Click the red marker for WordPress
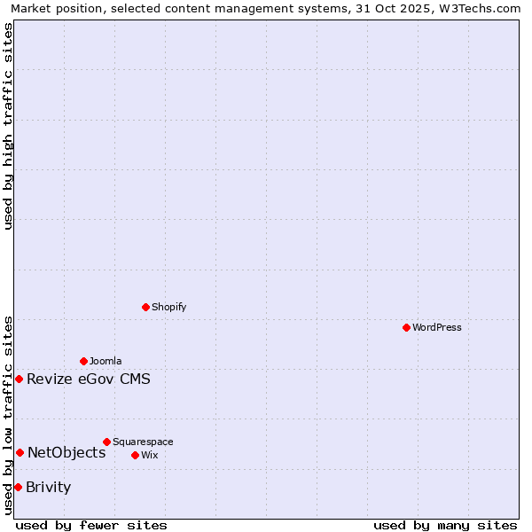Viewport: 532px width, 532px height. pos(406,327)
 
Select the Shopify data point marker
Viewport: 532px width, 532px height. pos(145,307)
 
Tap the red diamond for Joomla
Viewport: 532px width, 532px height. pos(83,361)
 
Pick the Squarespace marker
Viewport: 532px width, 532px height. pos(106,442)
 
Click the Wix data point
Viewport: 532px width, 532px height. pos(135,455)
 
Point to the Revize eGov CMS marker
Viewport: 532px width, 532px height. pos(19,379)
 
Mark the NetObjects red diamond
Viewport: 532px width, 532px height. pos(20,452)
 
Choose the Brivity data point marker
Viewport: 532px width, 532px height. pos(18,487)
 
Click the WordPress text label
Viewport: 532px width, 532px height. pos(437,327)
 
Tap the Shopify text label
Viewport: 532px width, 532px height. pos(168,307)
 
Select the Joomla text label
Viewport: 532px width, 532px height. pos(106,361)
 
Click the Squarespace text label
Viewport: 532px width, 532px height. pos(143,442)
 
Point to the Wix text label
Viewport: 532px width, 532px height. pos(149,455)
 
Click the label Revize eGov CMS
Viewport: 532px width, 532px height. pos(89,379)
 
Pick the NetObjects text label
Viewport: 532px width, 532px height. pos(66,453)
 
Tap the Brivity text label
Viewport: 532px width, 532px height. pos(49,488)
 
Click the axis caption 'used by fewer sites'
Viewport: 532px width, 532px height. pos(91,525)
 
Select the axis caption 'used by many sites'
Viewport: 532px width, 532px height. pos(445,525)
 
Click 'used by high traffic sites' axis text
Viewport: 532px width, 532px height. pos(9,126)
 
